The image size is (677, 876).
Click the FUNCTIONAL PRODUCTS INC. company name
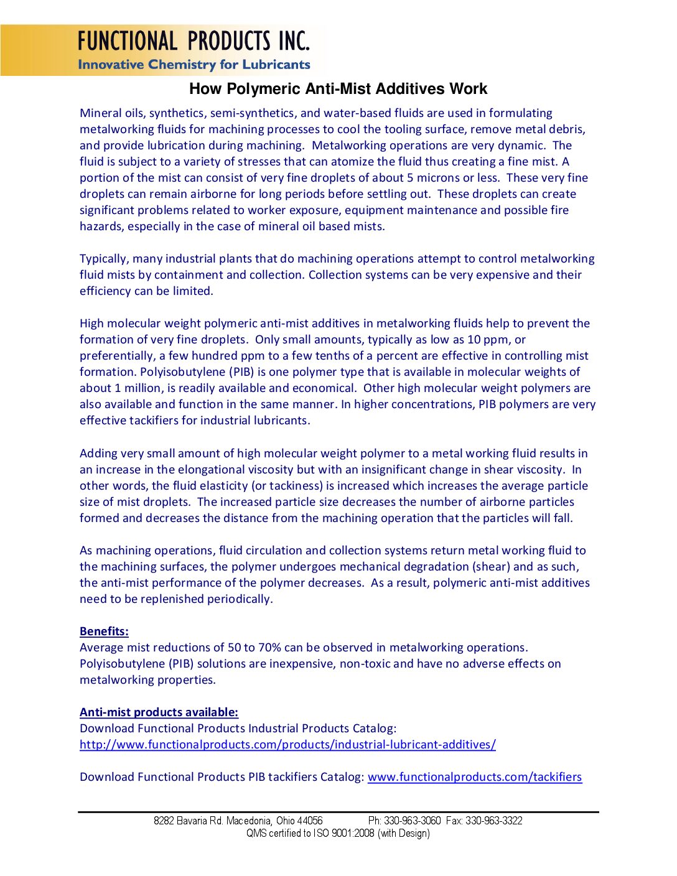tap(194, 41)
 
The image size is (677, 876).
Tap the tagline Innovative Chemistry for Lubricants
tap(194, 65)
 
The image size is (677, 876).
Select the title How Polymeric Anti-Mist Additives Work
tap(338, 89)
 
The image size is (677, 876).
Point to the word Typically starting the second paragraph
tap(104, 259)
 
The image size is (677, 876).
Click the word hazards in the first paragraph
tap(101, 226)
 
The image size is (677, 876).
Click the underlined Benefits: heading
tap(104, 631)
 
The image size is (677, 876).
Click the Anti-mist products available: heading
tap(159, 712)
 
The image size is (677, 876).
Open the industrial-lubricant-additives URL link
tap(287, 745)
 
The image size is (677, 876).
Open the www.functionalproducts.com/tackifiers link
tap(475, 777)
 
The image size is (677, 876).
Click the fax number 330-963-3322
tap(494, 821)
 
